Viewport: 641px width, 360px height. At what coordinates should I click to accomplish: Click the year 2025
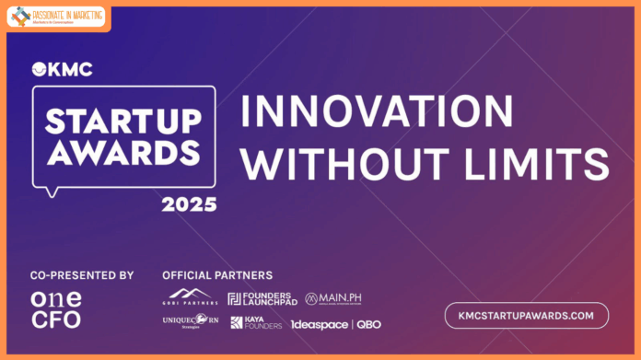188,203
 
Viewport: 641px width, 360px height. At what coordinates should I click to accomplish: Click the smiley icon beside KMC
39,68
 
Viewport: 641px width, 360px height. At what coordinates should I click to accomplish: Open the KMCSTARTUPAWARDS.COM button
526,315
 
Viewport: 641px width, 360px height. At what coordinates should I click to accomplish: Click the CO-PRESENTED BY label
82,275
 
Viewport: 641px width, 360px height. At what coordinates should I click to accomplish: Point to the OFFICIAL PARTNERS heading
217,275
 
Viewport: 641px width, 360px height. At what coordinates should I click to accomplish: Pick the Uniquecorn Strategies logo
190,322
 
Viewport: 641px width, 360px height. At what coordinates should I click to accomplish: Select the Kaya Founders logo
256,323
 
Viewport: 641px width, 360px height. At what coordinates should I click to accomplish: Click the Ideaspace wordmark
319,324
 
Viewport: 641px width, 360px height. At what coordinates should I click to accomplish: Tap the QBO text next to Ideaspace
368,324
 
